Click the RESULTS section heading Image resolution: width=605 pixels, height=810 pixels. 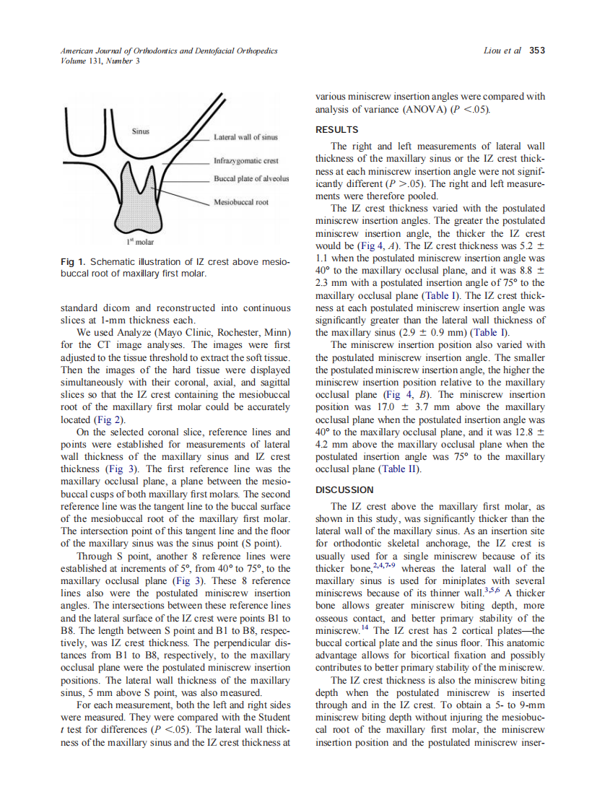[336, 130]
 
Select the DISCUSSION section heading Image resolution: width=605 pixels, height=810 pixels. [344, 489]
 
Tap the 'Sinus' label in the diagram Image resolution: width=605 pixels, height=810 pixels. [140, 131]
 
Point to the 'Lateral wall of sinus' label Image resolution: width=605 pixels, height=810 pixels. [245, 136]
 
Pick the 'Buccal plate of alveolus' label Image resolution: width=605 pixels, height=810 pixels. [251, 178]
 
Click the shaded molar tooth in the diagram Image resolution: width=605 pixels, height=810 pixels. [139, 199]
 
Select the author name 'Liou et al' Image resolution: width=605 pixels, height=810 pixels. [502, 51]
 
